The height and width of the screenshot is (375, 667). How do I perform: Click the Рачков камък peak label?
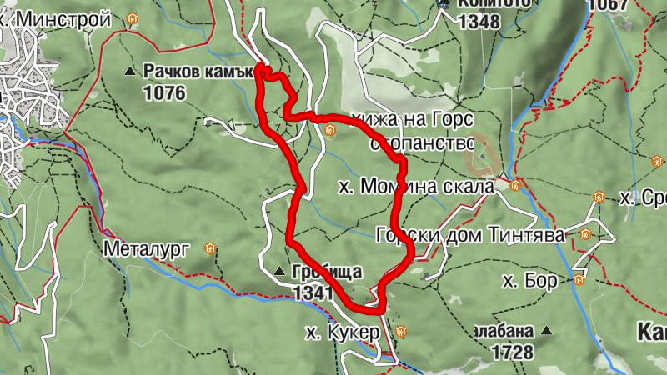pos(198,72)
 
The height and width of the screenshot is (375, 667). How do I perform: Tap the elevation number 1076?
pos(164,92)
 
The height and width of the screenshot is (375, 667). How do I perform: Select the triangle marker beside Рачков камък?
pos(129,72)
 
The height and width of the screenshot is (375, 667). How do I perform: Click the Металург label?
pos(148,247)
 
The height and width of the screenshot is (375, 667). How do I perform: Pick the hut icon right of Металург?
pos(211,247)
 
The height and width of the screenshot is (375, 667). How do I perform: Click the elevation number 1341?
pos(313,292)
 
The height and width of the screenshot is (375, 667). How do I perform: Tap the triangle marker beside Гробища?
pos(280,271)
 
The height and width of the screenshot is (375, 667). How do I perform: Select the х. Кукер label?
pos(343,332)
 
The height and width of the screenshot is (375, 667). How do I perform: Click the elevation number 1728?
pos(512,352)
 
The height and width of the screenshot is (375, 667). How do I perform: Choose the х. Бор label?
pos(530,281)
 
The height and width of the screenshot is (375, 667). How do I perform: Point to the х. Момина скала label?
pos(417,186)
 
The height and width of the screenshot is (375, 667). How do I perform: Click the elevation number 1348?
pos(479,21)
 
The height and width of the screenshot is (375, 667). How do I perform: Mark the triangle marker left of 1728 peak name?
pos(547,331)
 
